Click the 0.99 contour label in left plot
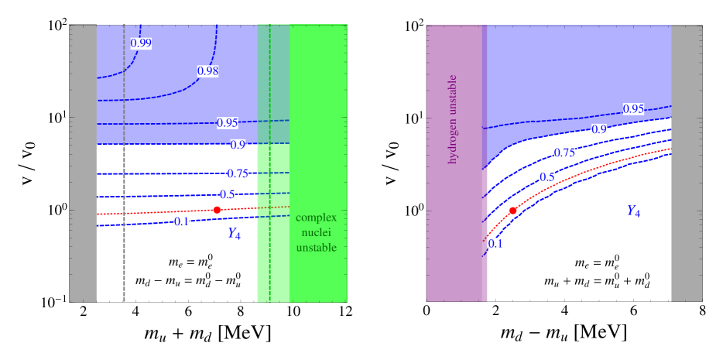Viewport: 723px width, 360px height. pos(141,43)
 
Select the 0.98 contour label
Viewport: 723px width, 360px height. pos(207,70)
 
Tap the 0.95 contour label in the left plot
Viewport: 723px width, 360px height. pos(227,122)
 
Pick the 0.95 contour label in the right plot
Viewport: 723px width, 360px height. pos(633,108)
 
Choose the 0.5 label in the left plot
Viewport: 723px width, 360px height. pos(227,194)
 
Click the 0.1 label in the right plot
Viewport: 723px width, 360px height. pos(496,244)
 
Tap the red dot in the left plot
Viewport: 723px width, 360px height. pos(217,210)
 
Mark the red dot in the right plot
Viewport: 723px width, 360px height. pos(512,211)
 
